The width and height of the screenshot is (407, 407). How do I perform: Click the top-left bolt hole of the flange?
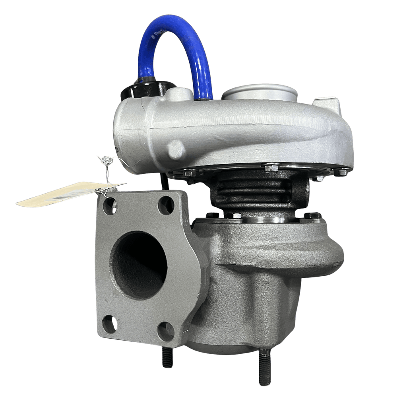pos(109,206)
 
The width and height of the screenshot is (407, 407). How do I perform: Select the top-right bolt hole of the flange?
pos(166,205)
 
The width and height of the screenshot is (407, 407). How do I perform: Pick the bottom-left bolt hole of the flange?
pos(109,324)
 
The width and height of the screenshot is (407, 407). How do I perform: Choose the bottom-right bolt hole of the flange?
pos(166,331)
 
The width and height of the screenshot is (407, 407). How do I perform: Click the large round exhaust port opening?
pos(139,265)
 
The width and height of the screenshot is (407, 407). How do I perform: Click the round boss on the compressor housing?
pos(176,149)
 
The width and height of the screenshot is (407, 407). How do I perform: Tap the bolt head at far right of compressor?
pos(341,172)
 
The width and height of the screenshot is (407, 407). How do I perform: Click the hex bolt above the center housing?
pos(271,168)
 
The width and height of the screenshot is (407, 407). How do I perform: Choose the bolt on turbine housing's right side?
pos(312,216)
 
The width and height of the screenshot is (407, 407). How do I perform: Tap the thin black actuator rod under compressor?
pos(164,183)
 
